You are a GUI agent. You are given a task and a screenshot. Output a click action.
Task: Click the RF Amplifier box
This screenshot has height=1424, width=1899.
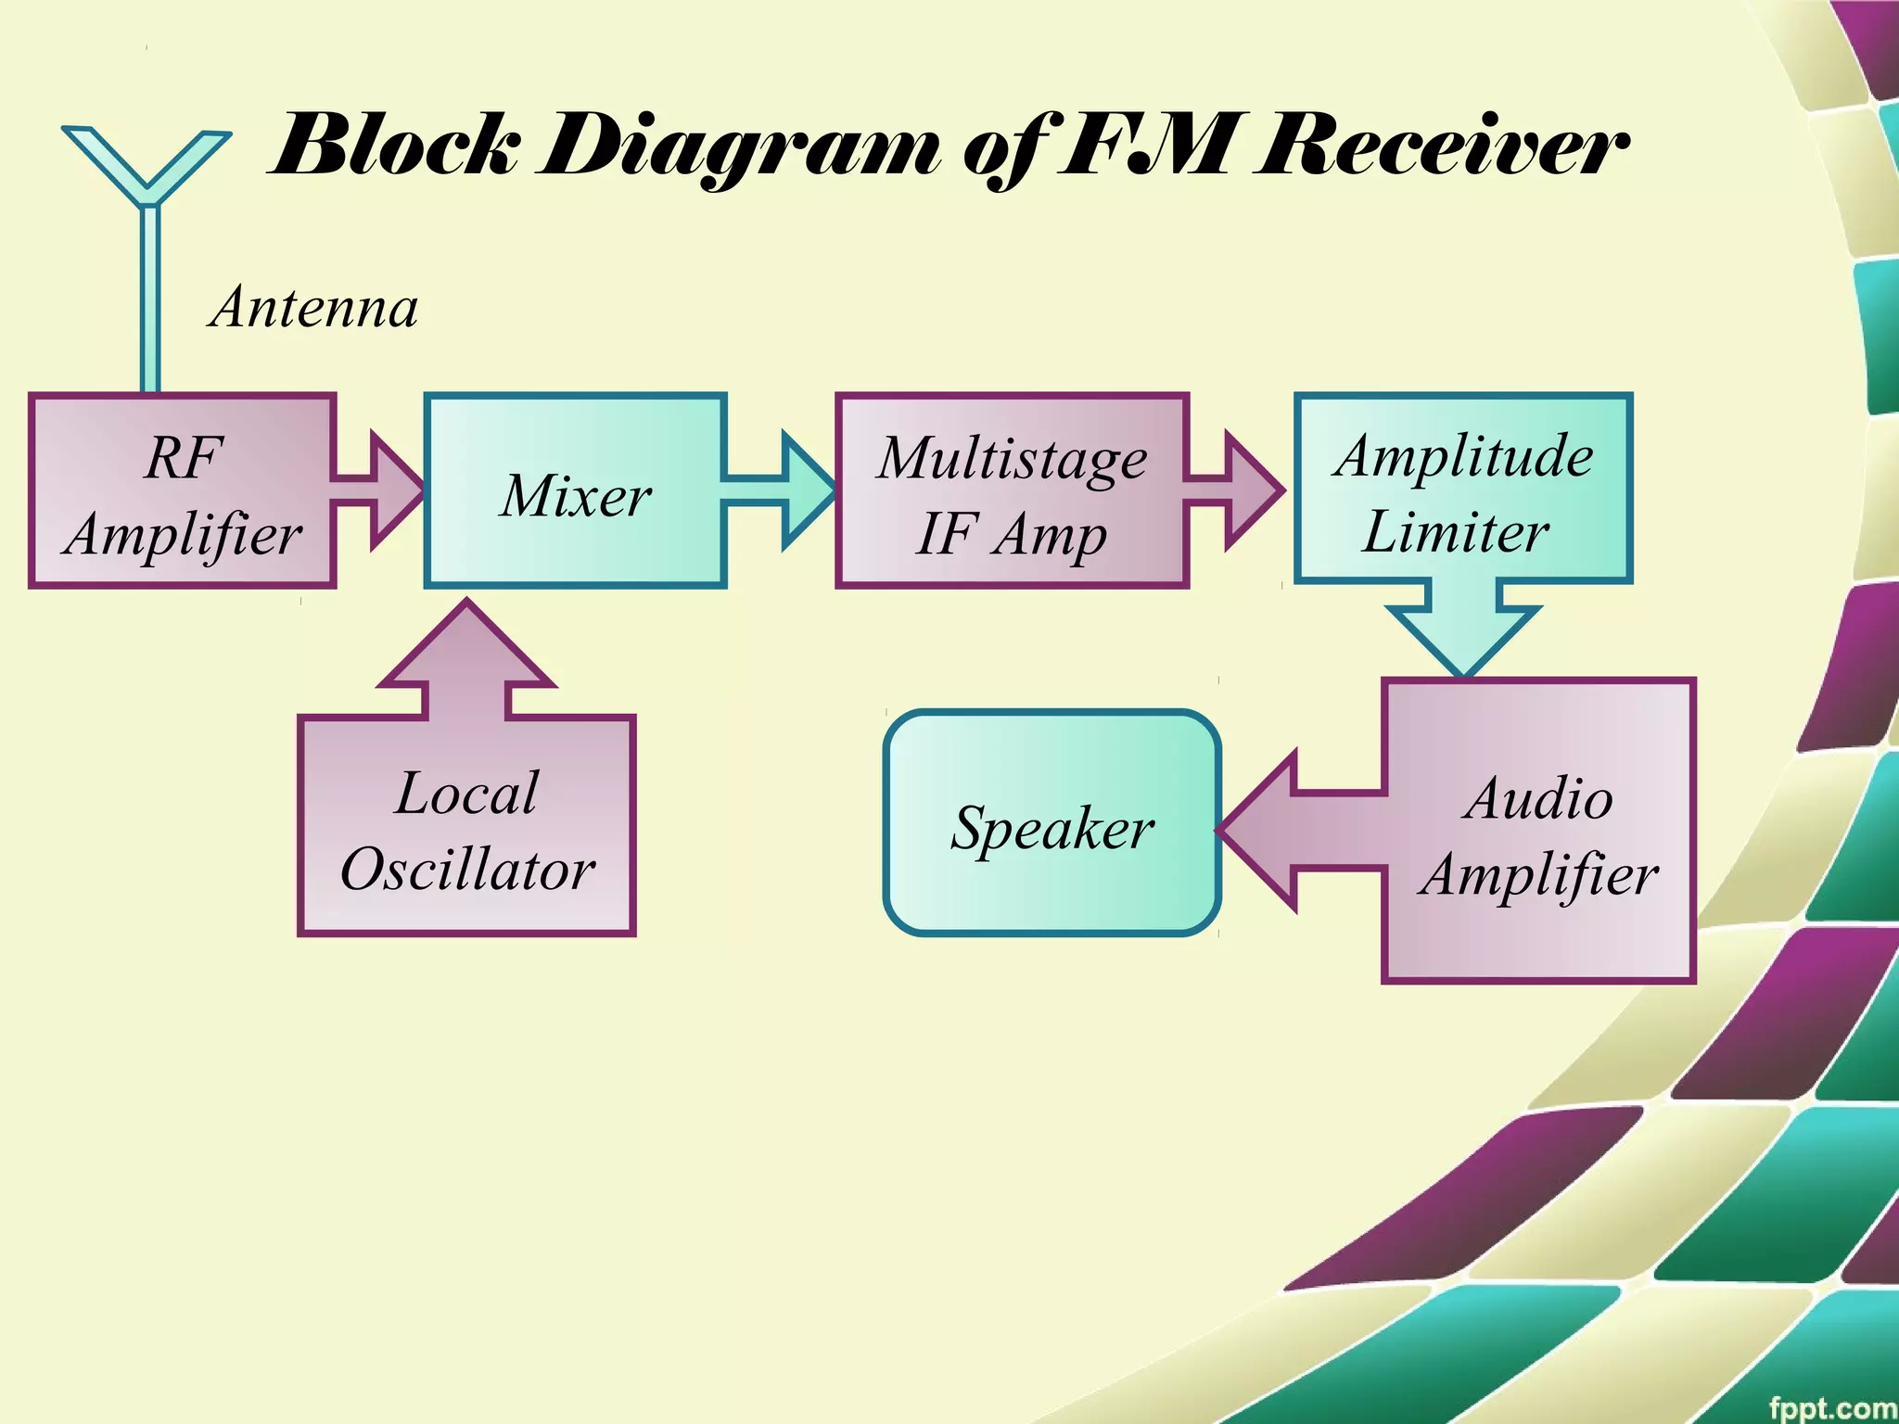(182, 491)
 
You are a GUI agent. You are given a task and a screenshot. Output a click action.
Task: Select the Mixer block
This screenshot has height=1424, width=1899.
(575, 491)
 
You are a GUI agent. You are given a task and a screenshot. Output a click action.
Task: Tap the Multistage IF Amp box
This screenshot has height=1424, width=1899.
(1012, 491)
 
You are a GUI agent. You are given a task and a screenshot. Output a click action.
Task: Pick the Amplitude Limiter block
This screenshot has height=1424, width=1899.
(1462, 489)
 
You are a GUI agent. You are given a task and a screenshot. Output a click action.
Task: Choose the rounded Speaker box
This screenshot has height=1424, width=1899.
(1051, 823)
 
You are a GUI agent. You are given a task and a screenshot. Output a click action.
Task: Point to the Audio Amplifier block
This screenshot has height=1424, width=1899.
(1539, 831)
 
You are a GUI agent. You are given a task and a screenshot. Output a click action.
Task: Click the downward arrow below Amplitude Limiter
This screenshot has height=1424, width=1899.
(1463, 626)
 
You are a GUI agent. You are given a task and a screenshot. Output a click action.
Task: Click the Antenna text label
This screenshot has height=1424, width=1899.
(314, 308)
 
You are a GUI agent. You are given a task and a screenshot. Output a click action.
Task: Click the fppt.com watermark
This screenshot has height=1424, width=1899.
(1831, 1407)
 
